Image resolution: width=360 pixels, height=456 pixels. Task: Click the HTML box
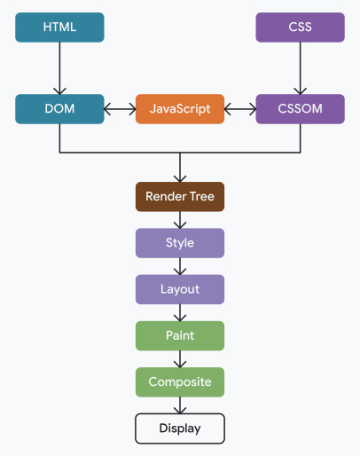click(59, 28)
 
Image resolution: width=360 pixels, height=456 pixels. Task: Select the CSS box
click(300, 28)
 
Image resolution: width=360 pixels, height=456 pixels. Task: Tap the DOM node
click(59, 109)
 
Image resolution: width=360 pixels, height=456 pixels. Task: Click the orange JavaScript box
click(180, 109)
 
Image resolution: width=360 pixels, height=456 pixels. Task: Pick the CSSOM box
click(300, 109)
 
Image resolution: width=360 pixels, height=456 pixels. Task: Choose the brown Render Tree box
click(180, 196)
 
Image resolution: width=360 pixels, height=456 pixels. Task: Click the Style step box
click(180, 243)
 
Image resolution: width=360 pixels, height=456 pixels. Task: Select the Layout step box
click(180, 289)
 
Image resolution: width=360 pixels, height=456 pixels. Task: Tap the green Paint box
click(180, 336)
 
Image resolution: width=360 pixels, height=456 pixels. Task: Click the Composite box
click(180, 382)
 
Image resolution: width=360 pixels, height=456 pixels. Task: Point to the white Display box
click(180, 428)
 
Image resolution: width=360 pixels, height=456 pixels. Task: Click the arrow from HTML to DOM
click(59, 68)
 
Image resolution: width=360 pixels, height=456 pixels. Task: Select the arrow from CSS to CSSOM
click(300, 68)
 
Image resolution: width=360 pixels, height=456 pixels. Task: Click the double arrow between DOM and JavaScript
click(120, 109)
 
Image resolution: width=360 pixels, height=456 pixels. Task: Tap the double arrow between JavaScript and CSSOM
click(239, 109)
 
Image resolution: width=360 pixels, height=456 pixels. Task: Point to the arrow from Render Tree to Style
click(180, 220)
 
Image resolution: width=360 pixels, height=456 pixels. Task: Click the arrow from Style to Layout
click(180, 266)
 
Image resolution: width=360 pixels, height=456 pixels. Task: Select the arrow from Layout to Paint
click(180, 312)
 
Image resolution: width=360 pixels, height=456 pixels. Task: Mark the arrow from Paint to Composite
click(180, 359)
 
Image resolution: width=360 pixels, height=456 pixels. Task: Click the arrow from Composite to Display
click(180, 405)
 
